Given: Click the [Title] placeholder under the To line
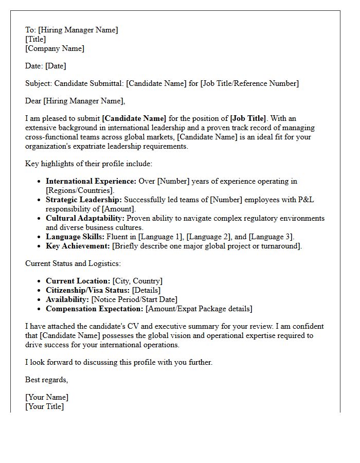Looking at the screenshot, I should pyautogui.click(x=35, y=39).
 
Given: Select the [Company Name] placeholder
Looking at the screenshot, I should pyautogui.click(x=55, y=48).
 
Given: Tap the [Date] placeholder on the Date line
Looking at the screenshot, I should pyautogui.click(x=56, y=66).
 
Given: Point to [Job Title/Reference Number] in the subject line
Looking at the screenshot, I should pyautogui.click(x=249, y=83).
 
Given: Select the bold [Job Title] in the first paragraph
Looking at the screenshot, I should pyautogui.click(x=248, y=118).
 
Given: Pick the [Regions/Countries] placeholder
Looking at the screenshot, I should pyautogui.click(x=80, y=190).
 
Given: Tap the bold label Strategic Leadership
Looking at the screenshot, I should pyautogui.click(x=83, y=200).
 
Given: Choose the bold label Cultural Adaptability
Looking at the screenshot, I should pyautogui.click(x=85, y=218).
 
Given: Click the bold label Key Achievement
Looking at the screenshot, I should pyautogui.click(x=78, y=246).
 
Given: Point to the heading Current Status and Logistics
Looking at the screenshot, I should pyautogui.click(x=73, y=263).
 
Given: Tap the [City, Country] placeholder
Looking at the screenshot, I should pyautogui.click(x=137, y=281).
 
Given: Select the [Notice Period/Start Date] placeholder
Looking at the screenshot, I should pyautogui.click(x=134, y=299).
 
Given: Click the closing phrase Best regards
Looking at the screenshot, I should pyautogui.click(x=46, y=380).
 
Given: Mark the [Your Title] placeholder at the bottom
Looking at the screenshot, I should pyautogui.click(x=45, y=406).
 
